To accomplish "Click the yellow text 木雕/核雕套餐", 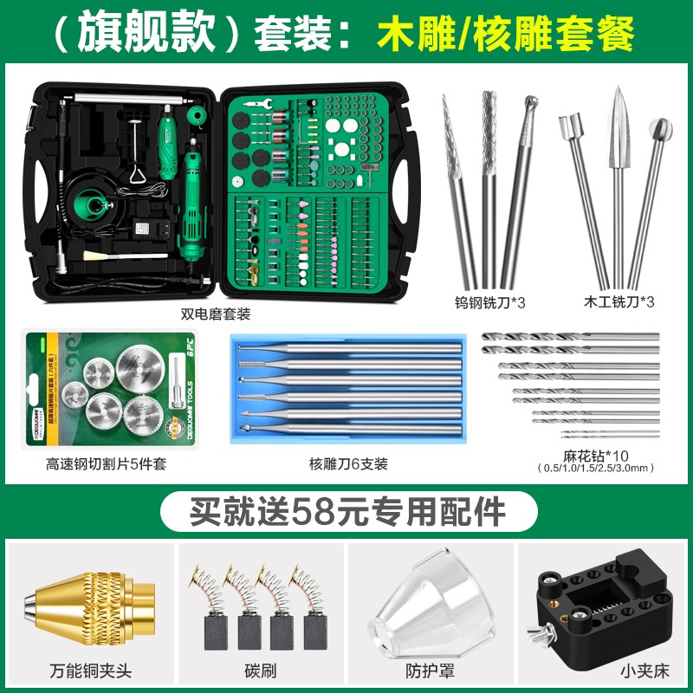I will click(x=506, y=34).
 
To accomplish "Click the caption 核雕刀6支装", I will click(x=346, y=463).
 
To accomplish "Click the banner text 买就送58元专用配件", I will click(x=346, y=510).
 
